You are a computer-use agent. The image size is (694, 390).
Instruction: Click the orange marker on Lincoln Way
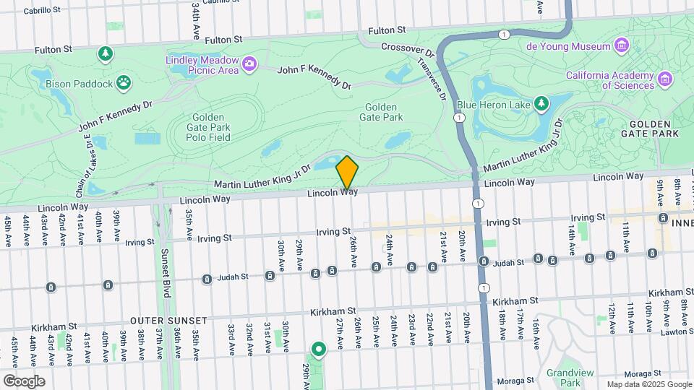point(347,173)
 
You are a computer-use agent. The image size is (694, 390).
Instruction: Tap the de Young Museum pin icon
point(621,47)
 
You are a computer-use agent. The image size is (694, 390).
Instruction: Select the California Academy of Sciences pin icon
point(665,78)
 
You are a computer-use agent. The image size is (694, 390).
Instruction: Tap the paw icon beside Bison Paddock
point(125,83)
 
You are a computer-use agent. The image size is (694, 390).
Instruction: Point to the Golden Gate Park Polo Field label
point(210,127)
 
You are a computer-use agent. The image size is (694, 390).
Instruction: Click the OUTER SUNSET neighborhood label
point(168,320)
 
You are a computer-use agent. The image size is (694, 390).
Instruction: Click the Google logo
point(24,381)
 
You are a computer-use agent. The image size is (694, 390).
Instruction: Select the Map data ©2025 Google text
point(648,384)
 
